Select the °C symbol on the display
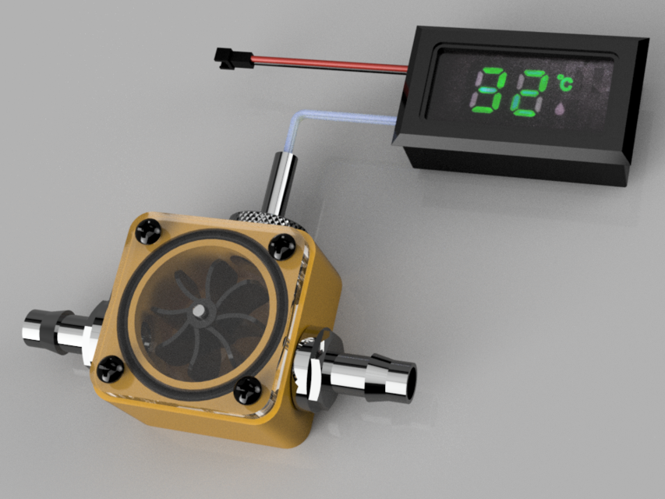pyautogui.click(x=563, y=81)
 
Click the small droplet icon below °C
pyautogui.click(x=560, y=108)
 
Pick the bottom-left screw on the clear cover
pyautogui.click(x=109, y=368)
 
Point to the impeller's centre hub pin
pyautogui.click(x=200, y=310)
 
